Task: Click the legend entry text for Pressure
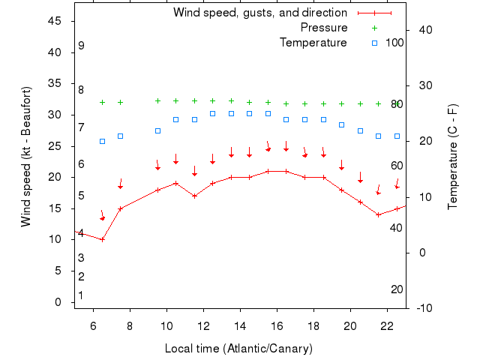pos(323,28)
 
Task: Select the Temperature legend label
pos(313,43)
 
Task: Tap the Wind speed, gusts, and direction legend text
pos(259,13)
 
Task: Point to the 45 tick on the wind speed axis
pos(54,21)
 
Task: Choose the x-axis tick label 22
pos(387,326)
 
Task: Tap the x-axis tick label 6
pos(93,326)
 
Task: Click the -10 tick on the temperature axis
pos(422,308)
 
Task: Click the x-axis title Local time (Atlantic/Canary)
pos(238,349)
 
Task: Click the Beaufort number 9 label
pos(81,46)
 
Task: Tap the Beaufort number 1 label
pos(81,295)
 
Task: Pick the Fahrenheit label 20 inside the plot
pos(397,289)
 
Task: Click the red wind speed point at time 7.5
pos(120,208)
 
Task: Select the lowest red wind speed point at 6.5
pos(102,240)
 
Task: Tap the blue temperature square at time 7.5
pos(120,136)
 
